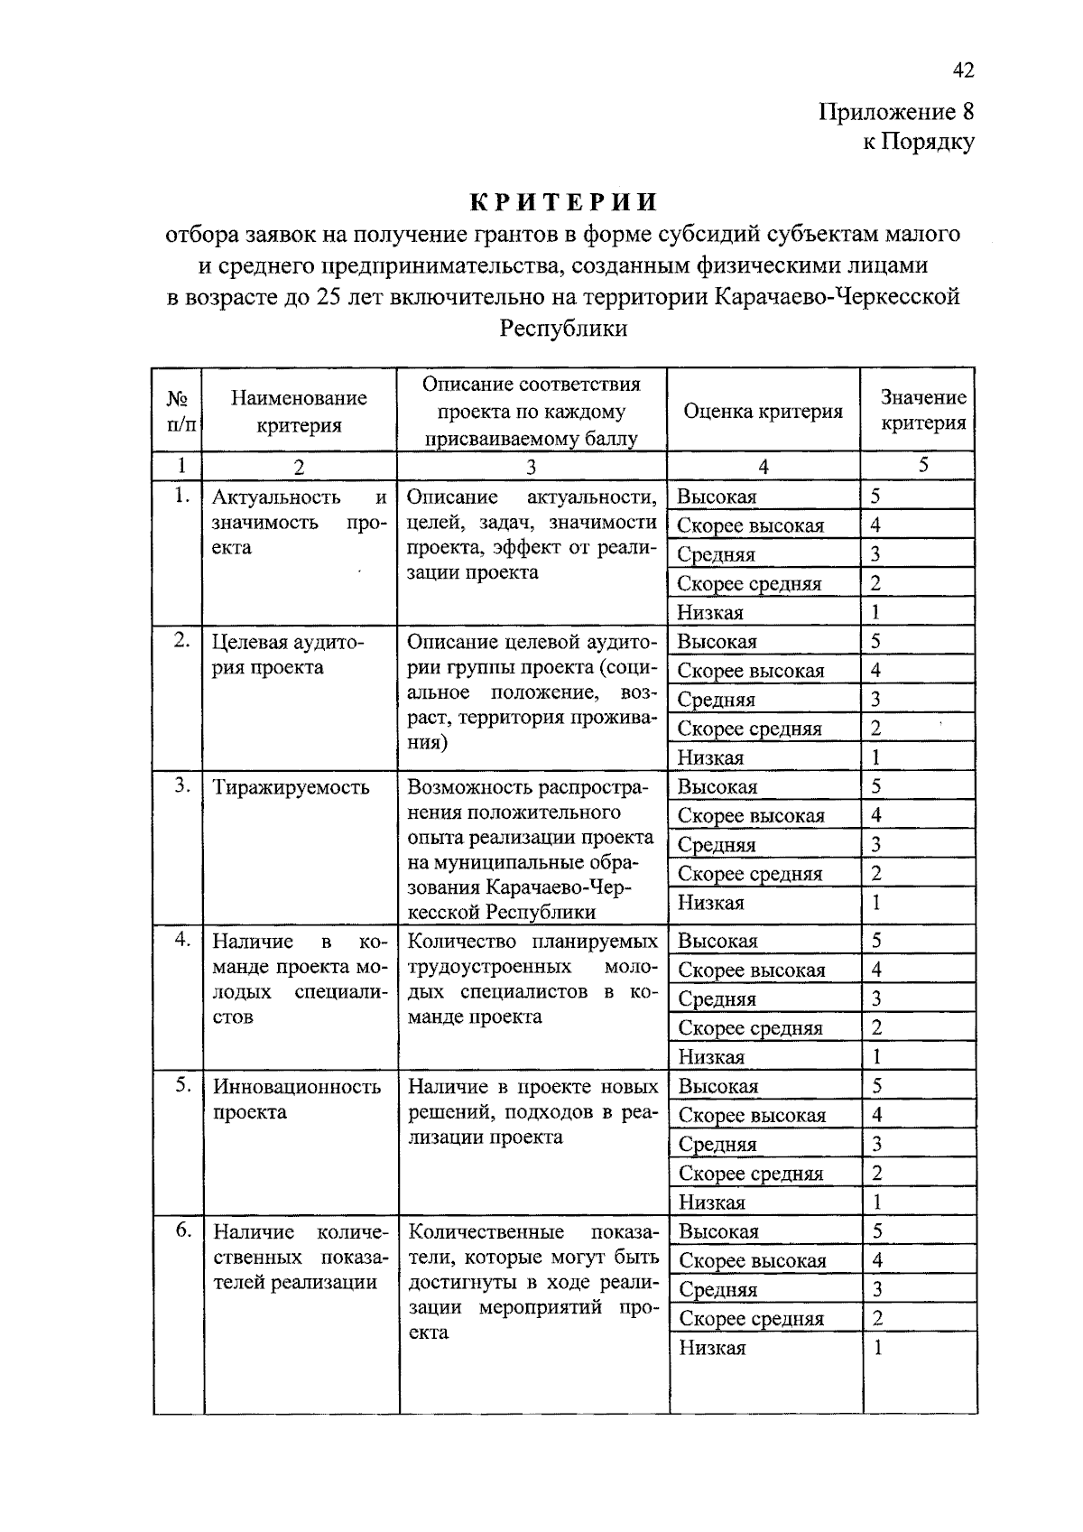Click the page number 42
(x=963, y=70)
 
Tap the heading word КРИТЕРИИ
(x=562, y=201)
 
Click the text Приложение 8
(x=896, y=112)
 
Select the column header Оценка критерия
(x=763, y=412)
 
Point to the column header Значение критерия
(x=922, y=410)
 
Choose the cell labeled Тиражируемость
(x=291, y=787)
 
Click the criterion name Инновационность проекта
(x=297, y=1099)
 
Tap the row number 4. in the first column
(x=183, y=940)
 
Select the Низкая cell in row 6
(x=712, y=1348)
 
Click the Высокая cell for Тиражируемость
(x=717, y=786)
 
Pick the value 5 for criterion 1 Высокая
(x=875, y=496)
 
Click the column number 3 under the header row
(x=532, y=467)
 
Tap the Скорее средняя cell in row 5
(x=750, y=1173)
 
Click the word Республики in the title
(x=563, y=328)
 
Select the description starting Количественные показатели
(x=533, y=1281)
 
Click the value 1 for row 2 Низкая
(x=875, y=757)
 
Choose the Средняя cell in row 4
(x=717, y=998)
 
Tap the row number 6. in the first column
(x=183, y=1230)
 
